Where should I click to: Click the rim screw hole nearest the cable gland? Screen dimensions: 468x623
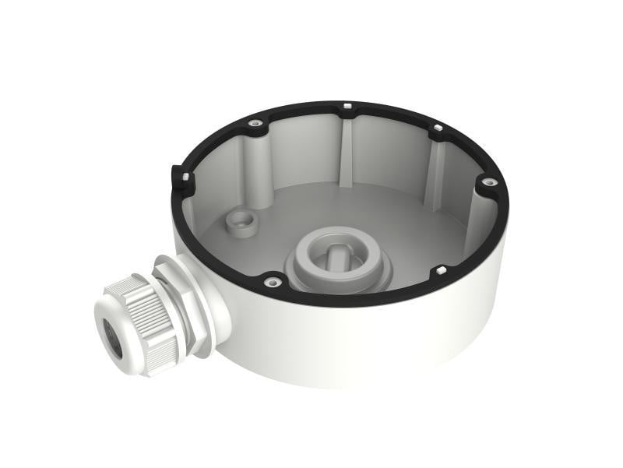[271, 282]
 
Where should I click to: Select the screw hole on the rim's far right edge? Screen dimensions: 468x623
[489, 183]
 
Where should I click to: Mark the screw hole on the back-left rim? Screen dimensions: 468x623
[255, 123]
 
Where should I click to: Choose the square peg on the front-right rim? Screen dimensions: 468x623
[440, 269]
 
